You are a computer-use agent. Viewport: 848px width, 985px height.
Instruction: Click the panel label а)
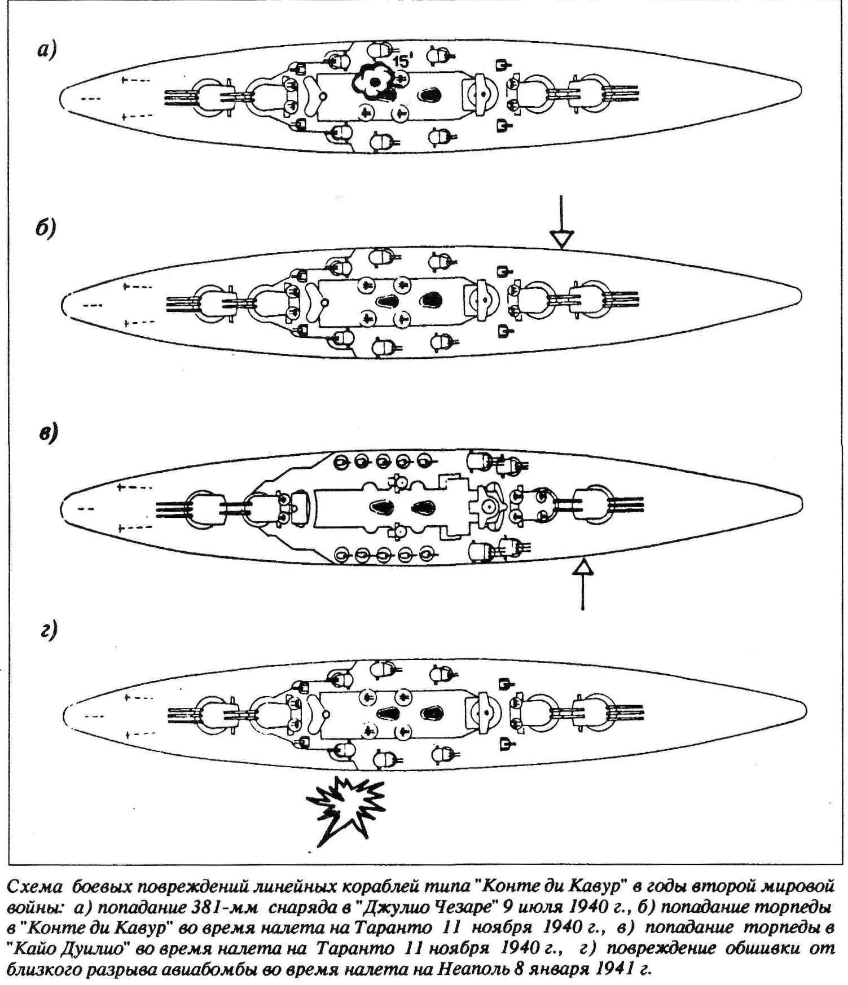[47, 50]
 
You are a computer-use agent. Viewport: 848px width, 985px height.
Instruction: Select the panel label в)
[49, 433]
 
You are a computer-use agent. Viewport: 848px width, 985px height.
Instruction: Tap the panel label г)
[49, 631]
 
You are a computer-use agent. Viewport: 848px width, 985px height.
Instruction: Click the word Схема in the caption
[35, 886]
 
